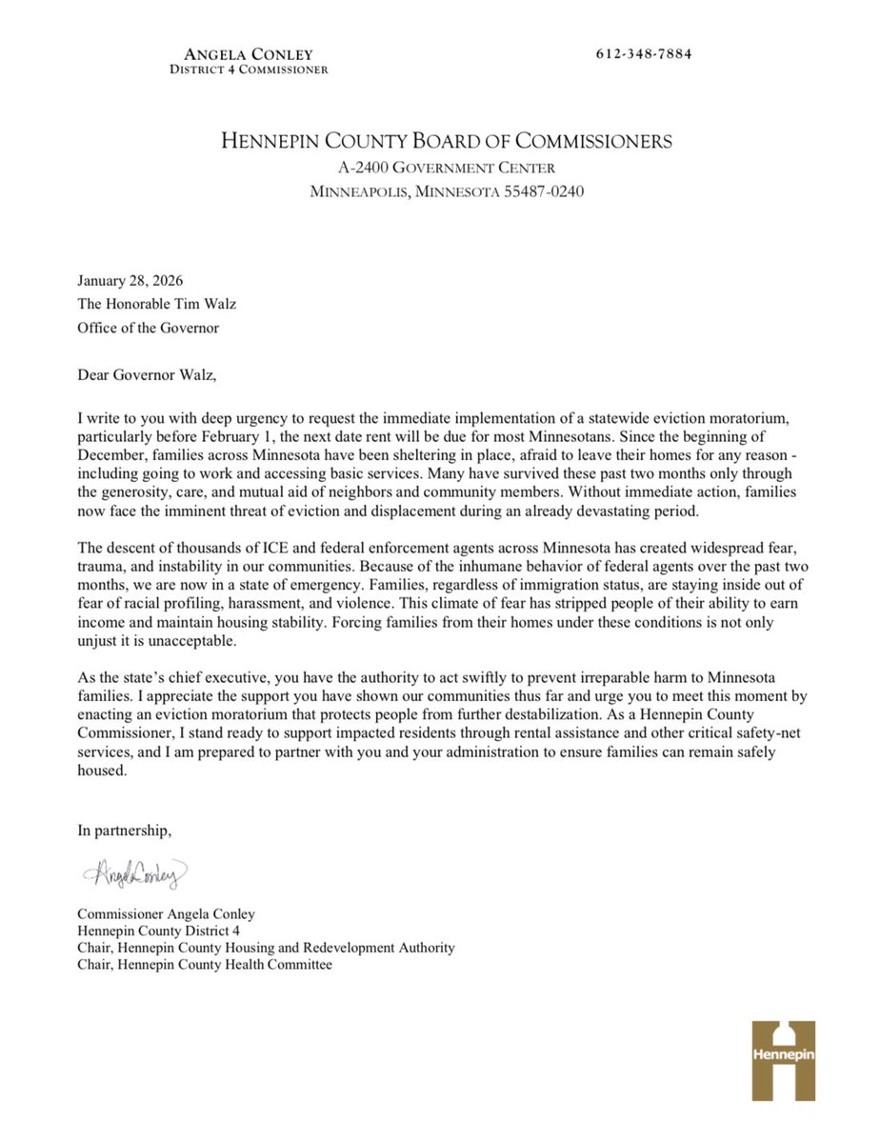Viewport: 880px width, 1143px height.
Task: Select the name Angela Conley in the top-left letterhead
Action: pyautogui.click(x=249, y=54)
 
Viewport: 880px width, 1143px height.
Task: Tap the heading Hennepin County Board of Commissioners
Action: pyautogui.click(x=447, y=142)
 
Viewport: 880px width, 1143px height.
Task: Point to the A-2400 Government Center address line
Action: pyautogui.click(x=447, y=169)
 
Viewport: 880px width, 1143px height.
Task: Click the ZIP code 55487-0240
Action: pyautogui.click(x=538, y=191)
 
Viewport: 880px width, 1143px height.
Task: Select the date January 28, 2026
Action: pyautogui.click(x=130, y=282)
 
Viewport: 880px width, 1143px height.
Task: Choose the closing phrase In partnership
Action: pyautogui.click(x=125, y=830)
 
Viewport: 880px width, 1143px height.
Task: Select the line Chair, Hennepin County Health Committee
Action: pyautogui.click(x=205, y=965)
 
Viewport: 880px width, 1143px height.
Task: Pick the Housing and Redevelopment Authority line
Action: pyautogui.click(x=266, y=948)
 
